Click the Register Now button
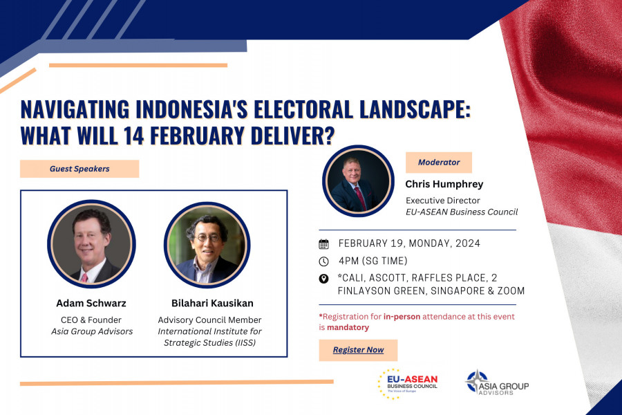(358, 350)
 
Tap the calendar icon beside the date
(323, 244)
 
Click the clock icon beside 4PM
(323, 261)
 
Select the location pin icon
(323, 278)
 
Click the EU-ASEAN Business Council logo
(408, 384)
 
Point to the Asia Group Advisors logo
(497, 382)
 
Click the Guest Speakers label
(79, 169)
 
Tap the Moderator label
(439, 163)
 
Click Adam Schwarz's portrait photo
(92, 244)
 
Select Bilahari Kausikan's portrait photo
(207, 245)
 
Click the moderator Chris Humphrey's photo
(358, 181)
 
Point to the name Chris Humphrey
(444, 184)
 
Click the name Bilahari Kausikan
(212, 304)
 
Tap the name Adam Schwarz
(91, 304)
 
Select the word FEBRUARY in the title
(197, 136)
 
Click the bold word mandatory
(348, 328)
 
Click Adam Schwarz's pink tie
(84, 277)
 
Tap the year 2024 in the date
(468, 243)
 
